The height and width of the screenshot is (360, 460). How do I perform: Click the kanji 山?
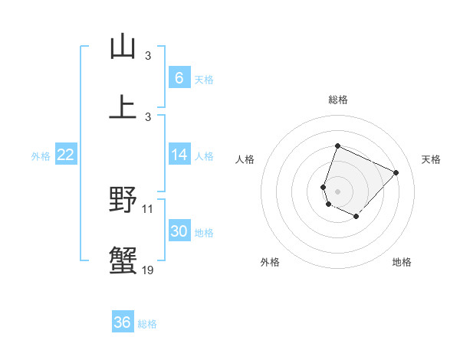(123, 47)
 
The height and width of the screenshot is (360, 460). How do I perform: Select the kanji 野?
(123, 201)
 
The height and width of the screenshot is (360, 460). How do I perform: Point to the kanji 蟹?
(123, 261)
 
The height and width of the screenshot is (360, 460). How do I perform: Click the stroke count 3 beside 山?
(148, 56)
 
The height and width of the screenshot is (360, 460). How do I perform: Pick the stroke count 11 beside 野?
(148, 208)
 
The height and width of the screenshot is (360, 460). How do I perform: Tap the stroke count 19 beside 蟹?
(148, 269)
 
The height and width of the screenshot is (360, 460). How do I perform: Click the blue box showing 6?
(179, 77)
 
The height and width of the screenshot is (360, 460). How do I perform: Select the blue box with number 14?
(179, 155)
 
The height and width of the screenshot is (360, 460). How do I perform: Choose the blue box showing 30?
(179, 231)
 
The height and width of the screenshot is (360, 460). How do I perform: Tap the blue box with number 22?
(65, 155)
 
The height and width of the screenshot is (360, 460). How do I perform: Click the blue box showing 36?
(123, 322)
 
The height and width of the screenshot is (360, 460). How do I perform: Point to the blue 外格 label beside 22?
(41, 156)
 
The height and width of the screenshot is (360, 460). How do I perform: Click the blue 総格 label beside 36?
(147, 324)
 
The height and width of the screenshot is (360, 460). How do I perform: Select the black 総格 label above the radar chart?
(337, 100)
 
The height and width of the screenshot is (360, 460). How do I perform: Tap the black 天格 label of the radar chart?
(431, 159)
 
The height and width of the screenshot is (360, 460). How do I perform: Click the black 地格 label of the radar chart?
(402, 262)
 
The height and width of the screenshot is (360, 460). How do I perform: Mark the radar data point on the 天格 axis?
(396, 172)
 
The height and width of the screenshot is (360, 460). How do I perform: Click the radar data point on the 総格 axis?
(337, 146)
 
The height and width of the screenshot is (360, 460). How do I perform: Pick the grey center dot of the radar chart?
(337, 191)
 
